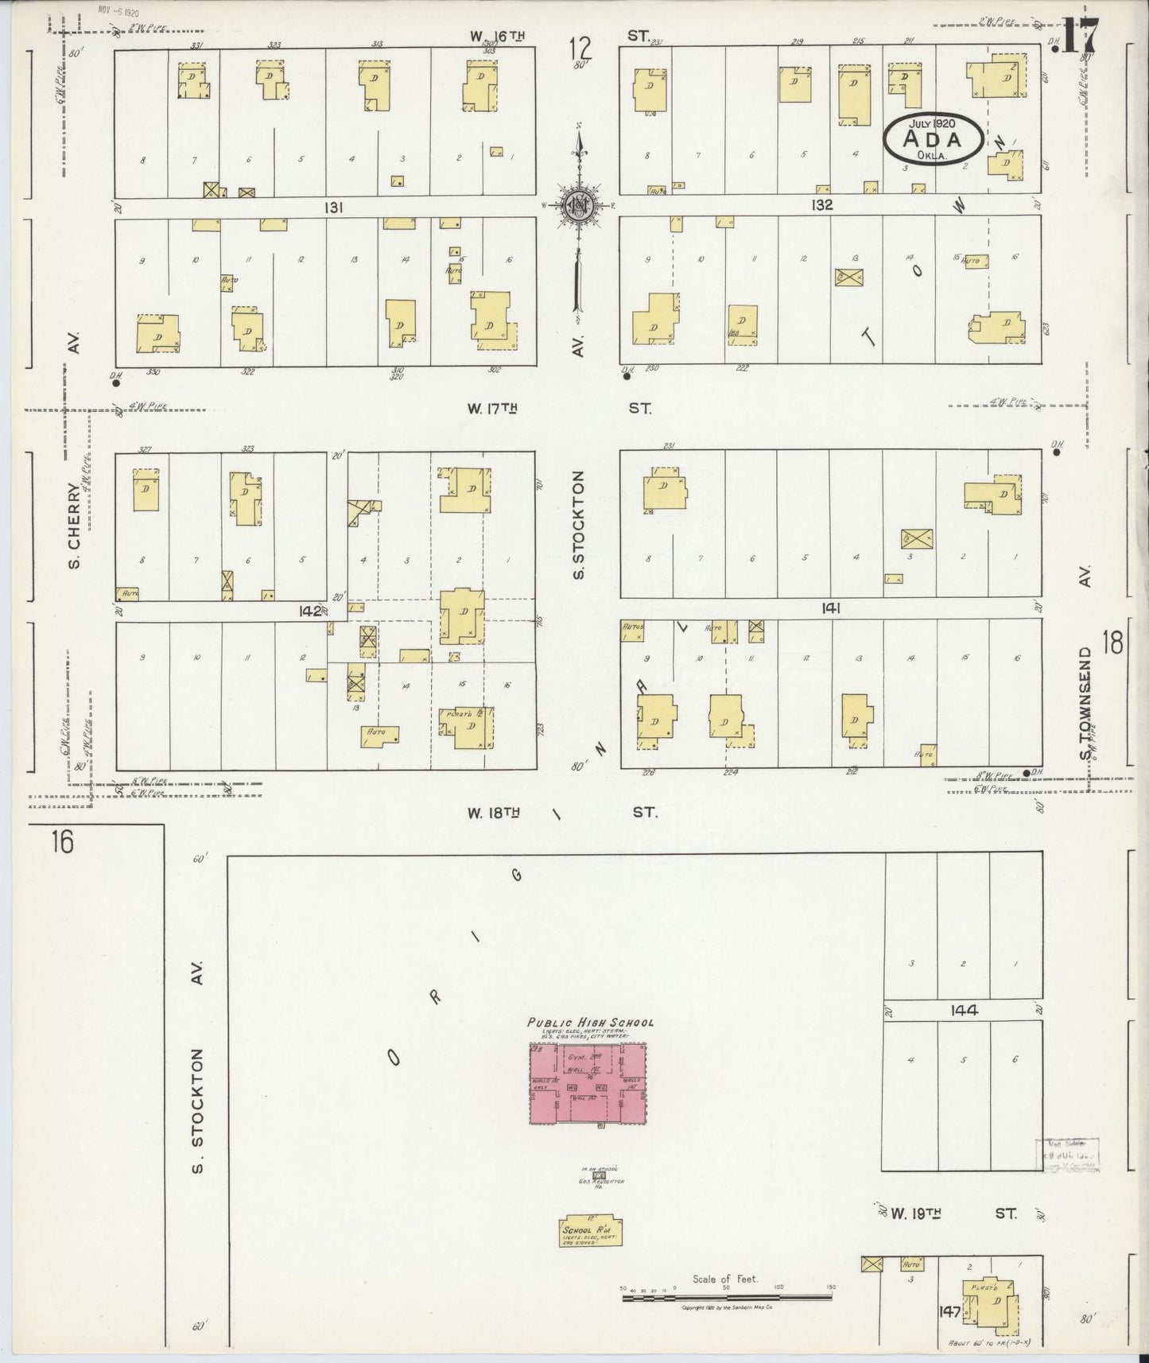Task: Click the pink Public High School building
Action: [x=588, y=1084]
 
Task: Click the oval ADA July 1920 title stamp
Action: [x=930, y=138]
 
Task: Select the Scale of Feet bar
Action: [x=728, y=1297]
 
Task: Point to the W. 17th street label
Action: [x=492, y=409]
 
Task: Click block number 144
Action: [x=963, y=1010]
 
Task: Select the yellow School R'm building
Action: [x=591, y=1231]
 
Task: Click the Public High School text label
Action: [x=591, y=1022]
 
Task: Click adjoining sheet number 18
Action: [x=1112, y=642]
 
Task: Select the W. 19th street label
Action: [x=916, y=1214]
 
